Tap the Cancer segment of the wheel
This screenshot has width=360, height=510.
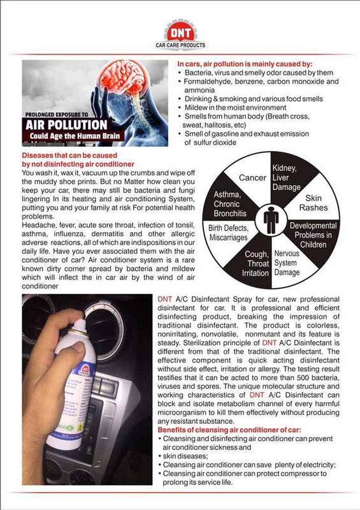pos(252,177)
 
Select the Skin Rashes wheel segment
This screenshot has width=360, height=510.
pos(313,203)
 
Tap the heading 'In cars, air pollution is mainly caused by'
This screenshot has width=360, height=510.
pos(244,65)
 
